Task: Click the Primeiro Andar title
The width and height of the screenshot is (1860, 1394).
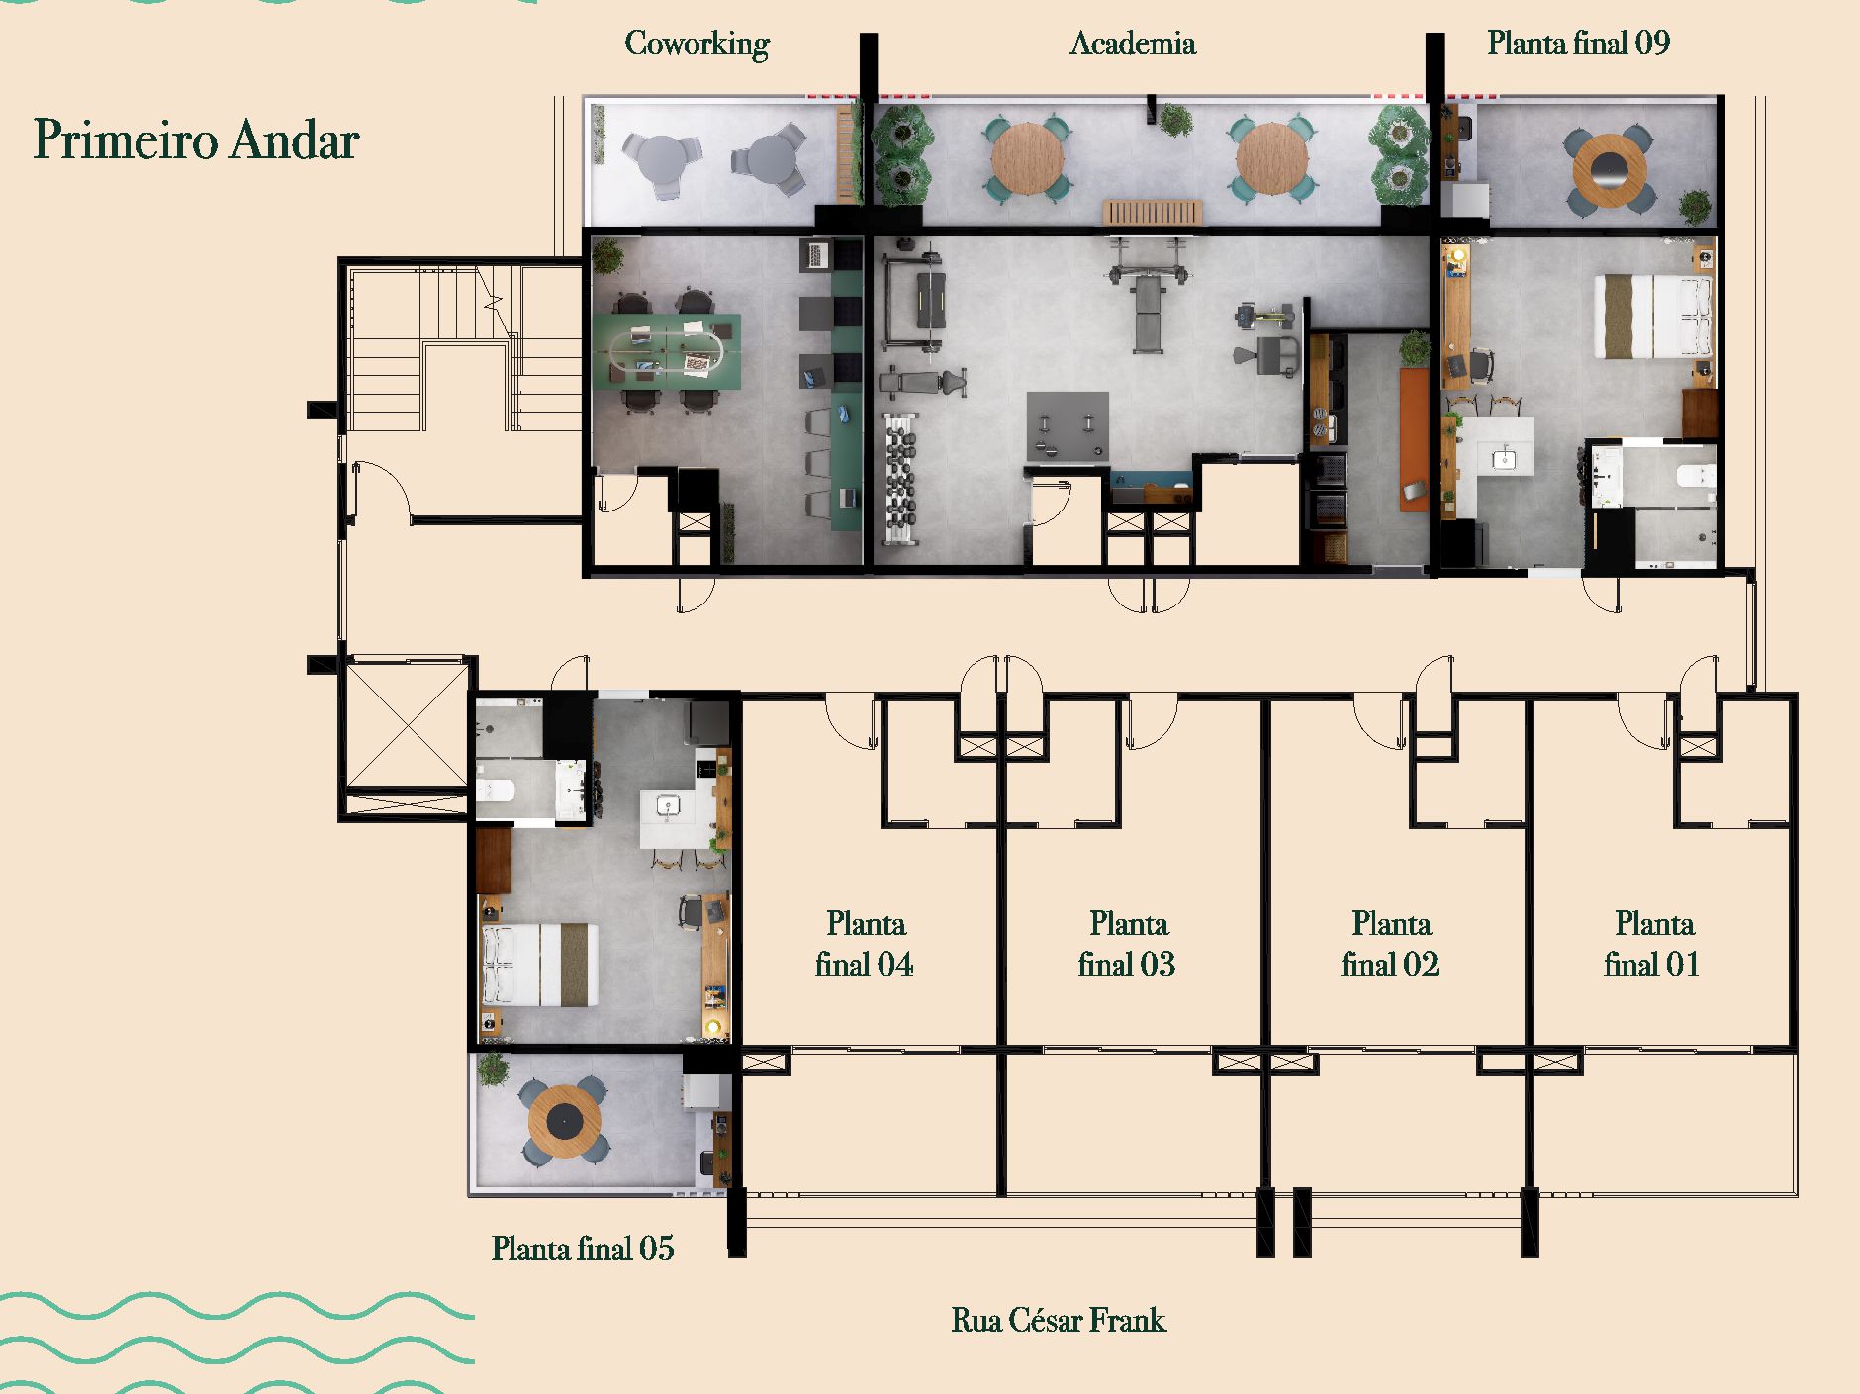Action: (x=196, y=139)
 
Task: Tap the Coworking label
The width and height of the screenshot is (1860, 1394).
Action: (x=697, y=44)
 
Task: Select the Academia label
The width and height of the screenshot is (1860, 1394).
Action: (x=1133, y=44)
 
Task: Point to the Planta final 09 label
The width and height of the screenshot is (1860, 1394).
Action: (x=1578, y=43)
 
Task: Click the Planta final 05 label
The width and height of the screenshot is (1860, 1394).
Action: (x=583, y=1249)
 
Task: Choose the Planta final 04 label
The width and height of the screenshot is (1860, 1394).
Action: (x=865, y=944)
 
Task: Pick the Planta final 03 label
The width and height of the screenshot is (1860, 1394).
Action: (x=1128, y=944)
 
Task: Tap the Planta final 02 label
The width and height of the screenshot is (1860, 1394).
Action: (x=1390, y=944)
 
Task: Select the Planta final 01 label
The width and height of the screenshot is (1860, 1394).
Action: (x=1652, y=944)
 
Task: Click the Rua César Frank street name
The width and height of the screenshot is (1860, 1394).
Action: (x=1059, y=1320)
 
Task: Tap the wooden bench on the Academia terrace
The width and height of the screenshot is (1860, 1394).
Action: (x=1153, y=212)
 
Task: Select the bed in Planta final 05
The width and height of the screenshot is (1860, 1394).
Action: (x=540, y=965)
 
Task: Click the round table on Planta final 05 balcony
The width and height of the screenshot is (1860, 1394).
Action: (x=564, y=1121)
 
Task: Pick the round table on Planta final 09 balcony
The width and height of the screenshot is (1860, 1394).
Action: (x=1610, y=170)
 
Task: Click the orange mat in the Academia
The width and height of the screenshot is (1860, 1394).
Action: (x=1414, y=438)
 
